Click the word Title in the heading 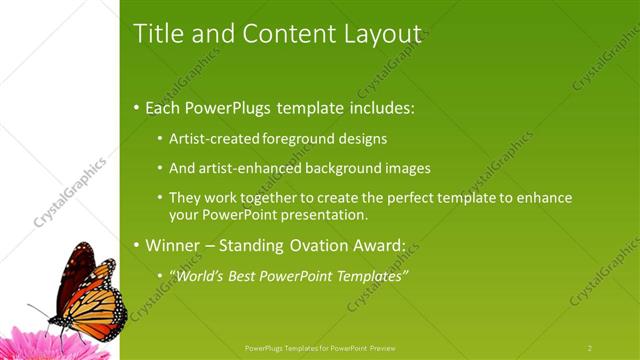pyautogui.click(x=157, y=33)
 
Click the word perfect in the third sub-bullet pyautogui.click(x=384, y=198)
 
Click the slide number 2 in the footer pyautogui.click(x=590, y=347)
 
